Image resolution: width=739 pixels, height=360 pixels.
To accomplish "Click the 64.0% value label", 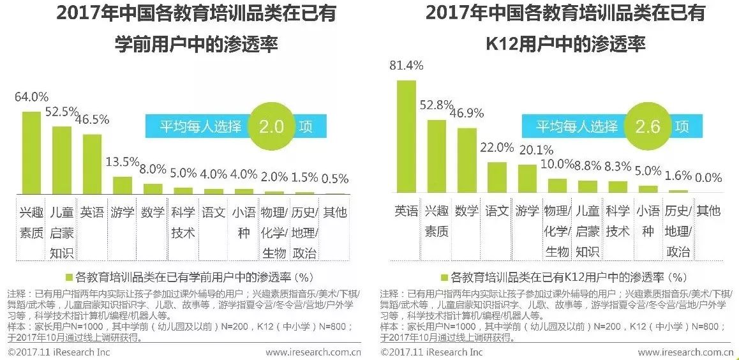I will coord(32,97).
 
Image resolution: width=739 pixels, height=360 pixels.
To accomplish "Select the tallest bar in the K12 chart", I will coord(406,137).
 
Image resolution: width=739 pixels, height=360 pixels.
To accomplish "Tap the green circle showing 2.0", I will coord(271,126).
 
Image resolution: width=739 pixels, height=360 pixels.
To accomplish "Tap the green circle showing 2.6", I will coord(646,126).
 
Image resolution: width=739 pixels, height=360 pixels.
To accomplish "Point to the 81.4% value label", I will coord(406,65).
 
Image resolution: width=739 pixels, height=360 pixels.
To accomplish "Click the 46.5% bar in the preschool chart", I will coord(93,164).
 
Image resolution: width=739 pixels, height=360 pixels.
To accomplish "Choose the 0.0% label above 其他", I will coord(708,177).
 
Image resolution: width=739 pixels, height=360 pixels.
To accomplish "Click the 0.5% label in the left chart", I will coord(334,178).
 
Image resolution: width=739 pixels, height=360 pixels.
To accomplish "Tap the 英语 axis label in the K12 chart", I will coord(406,211).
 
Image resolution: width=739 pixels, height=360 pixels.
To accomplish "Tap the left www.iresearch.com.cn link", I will coord(313,352).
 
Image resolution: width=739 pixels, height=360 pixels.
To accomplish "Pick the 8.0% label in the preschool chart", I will coord(153,169).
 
